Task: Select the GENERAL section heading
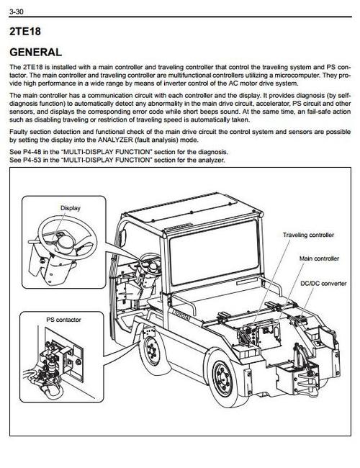click(x=35, y=52)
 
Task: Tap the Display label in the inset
click(x=70, y=208)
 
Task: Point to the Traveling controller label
click(x=308, y=235)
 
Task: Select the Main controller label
click(x=317, y=257)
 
